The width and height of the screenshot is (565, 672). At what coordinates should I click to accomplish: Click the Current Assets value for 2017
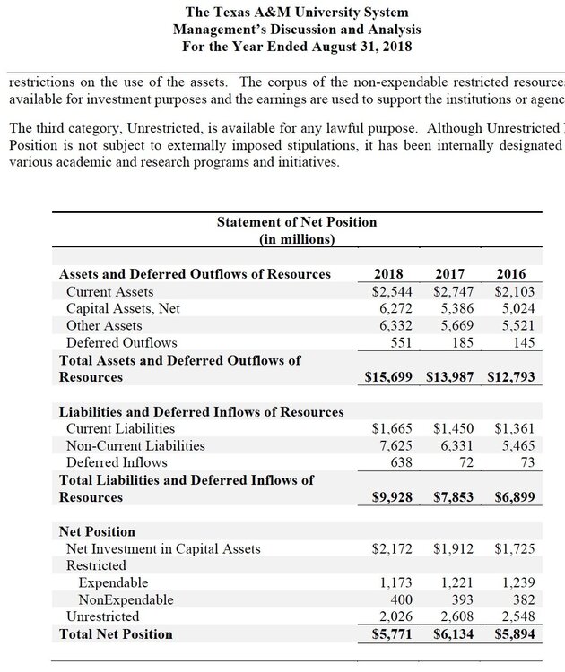pyautogui.click(x=454, y=291)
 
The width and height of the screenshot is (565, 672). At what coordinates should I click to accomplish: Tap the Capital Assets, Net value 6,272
pyautogui.click(x=392, y=308)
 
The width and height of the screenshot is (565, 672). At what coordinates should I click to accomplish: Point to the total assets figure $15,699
pyautogui.click(x=388, y=377)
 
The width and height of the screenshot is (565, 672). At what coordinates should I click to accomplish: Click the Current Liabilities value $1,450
pyautogui.click(x=454, y=429)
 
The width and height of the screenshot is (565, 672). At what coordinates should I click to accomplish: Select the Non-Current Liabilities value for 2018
pyautogui.click(x=392, y=445)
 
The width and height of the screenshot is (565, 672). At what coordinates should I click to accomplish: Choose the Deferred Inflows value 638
pyautogui.click(x=399, y=462)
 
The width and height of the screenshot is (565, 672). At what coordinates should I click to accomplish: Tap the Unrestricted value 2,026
pyautogui.click(x=392, y=616)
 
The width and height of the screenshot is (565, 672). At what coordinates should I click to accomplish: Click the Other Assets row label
pyautogui.click(x=104, y=325)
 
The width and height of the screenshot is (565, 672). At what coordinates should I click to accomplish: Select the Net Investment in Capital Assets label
pyautogui.click(x=163, y=548)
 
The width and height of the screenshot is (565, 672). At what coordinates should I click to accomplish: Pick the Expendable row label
pyautogui.click(x=113, y=582)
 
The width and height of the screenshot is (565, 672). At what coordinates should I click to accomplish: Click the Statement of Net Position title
pyautogui.click(x=297, y=221)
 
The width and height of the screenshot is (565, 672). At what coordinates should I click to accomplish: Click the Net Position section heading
pyautogui.click(x=97, y=531)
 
